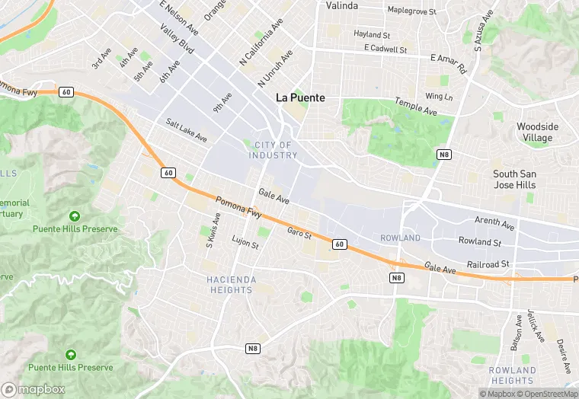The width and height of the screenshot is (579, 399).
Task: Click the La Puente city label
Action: coord(300,97)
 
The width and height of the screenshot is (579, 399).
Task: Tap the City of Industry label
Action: coord(273,150)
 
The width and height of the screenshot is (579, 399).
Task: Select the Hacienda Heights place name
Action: coord(232,284)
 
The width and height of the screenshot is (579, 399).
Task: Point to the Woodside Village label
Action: coord(537,132)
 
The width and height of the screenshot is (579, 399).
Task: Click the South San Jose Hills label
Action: coord(514,179)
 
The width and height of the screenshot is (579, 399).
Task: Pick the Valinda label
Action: coord(342,5)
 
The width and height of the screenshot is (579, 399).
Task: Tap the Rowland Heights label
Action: coord(512,375)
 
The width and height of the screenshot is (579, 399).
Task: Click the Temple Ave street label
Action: coord(415,107)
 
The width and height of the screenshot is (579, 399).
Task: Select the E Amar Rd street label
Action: coord(448,62)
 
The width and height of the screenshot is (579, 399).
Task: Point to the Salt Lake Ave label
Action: coord(187,129)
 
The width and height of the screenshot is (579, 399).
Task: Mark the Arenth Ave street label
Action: coord(494,223)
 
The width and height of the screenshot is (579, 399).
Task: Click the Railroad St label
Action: coord(489,263)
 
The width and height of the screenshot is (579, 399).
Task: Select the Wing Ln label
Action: coord(439,96)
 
